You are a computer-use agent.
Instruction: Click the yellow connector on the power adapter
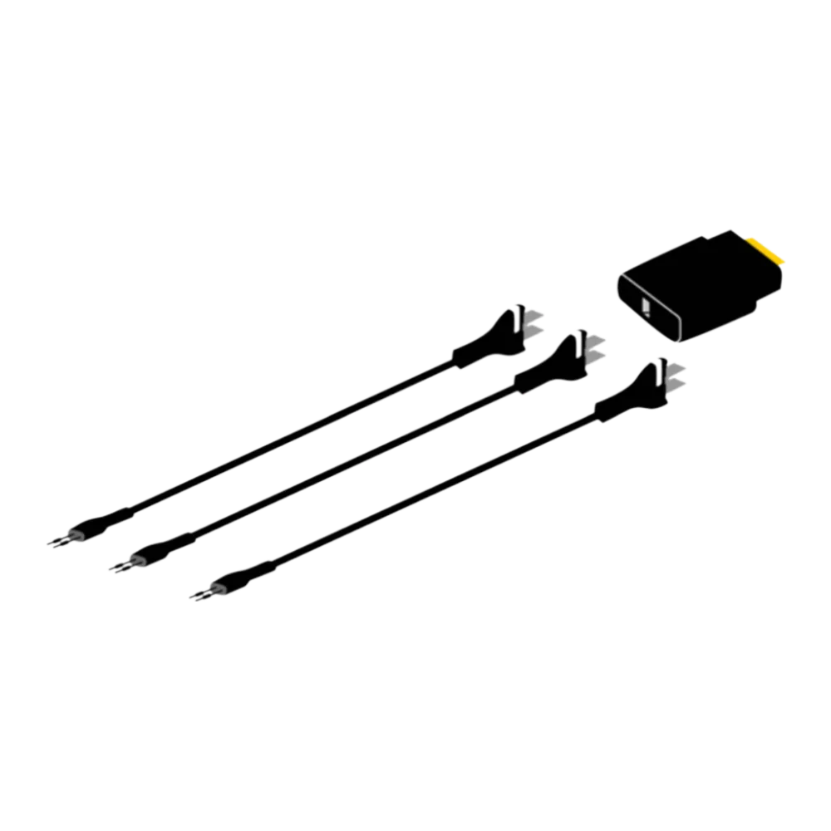(768, 253)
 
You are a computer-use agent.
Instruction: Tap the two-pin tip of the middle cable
(121, 565)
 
